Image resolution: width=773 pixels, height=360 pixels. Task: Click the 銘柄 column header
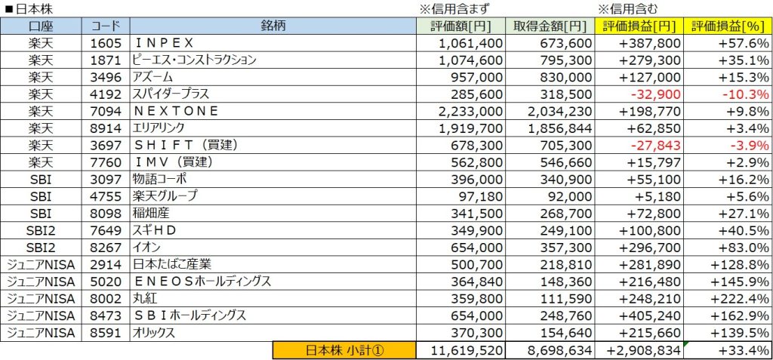(273, 26)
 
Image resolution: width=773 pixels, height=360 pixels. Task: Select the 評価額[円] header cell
(461, 26)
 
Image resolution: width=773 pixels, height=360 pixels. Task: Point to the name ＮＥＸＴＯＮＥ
(175, 111)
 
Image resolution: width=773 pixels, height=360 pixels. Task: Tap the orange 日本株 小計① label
(344, 350)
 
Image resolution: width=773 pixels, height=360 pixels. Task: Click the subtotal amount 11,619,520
(460, 350)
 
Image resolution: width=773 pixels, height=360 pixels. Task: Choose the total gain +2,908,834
(641, 350)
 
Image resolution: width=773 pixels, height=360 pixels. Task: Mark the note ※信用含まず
(455, 9)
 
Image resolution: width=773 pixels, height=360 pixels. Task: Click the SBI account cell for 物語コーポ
(41, 179)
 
